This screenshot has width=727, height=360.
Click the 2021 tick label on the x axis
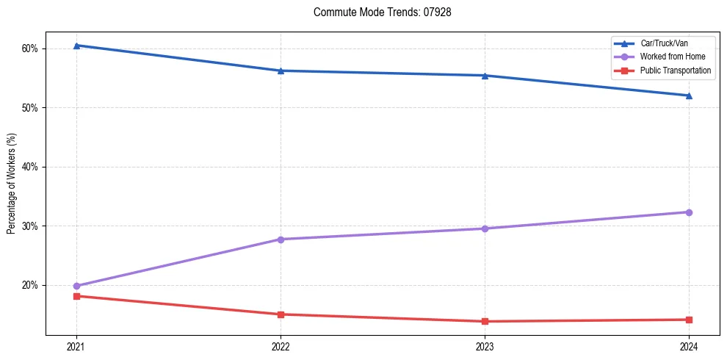pos(76,346)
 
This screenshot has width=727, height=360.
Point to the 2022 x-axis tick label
pos(281,346)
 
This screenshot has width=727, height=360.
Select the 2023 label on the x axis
pos(485,346)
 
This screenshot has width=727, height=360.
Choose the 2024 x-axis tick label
pos(689,346)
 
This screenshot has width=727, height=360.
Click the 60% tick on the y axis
pos(30,48)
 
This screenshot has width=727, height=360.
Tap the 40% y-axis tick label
pos(30,167)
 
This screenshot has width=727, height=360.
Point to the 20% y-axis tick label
pos(30,285)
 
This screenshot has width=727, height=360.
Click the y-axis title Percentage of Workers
pos(11,184)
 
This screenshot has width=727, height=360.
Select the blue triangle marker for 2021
pos(76,46)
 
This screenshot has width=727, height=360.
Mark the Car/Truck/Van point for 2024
pos(689,96)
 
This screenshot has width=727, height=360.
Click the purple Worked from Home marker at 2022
pos(281,240)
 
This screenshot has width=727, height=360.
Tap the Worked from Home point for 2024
pos(689,212)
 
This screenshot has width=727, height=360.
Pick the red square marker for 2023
pos(485,321)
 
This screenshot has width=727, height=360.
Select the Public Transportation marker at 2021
pos(76,296)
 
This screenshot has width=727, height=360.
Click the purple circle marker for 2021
pos(76,286)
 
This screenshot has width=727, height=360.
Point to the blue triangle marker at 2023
pos(485,76)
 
